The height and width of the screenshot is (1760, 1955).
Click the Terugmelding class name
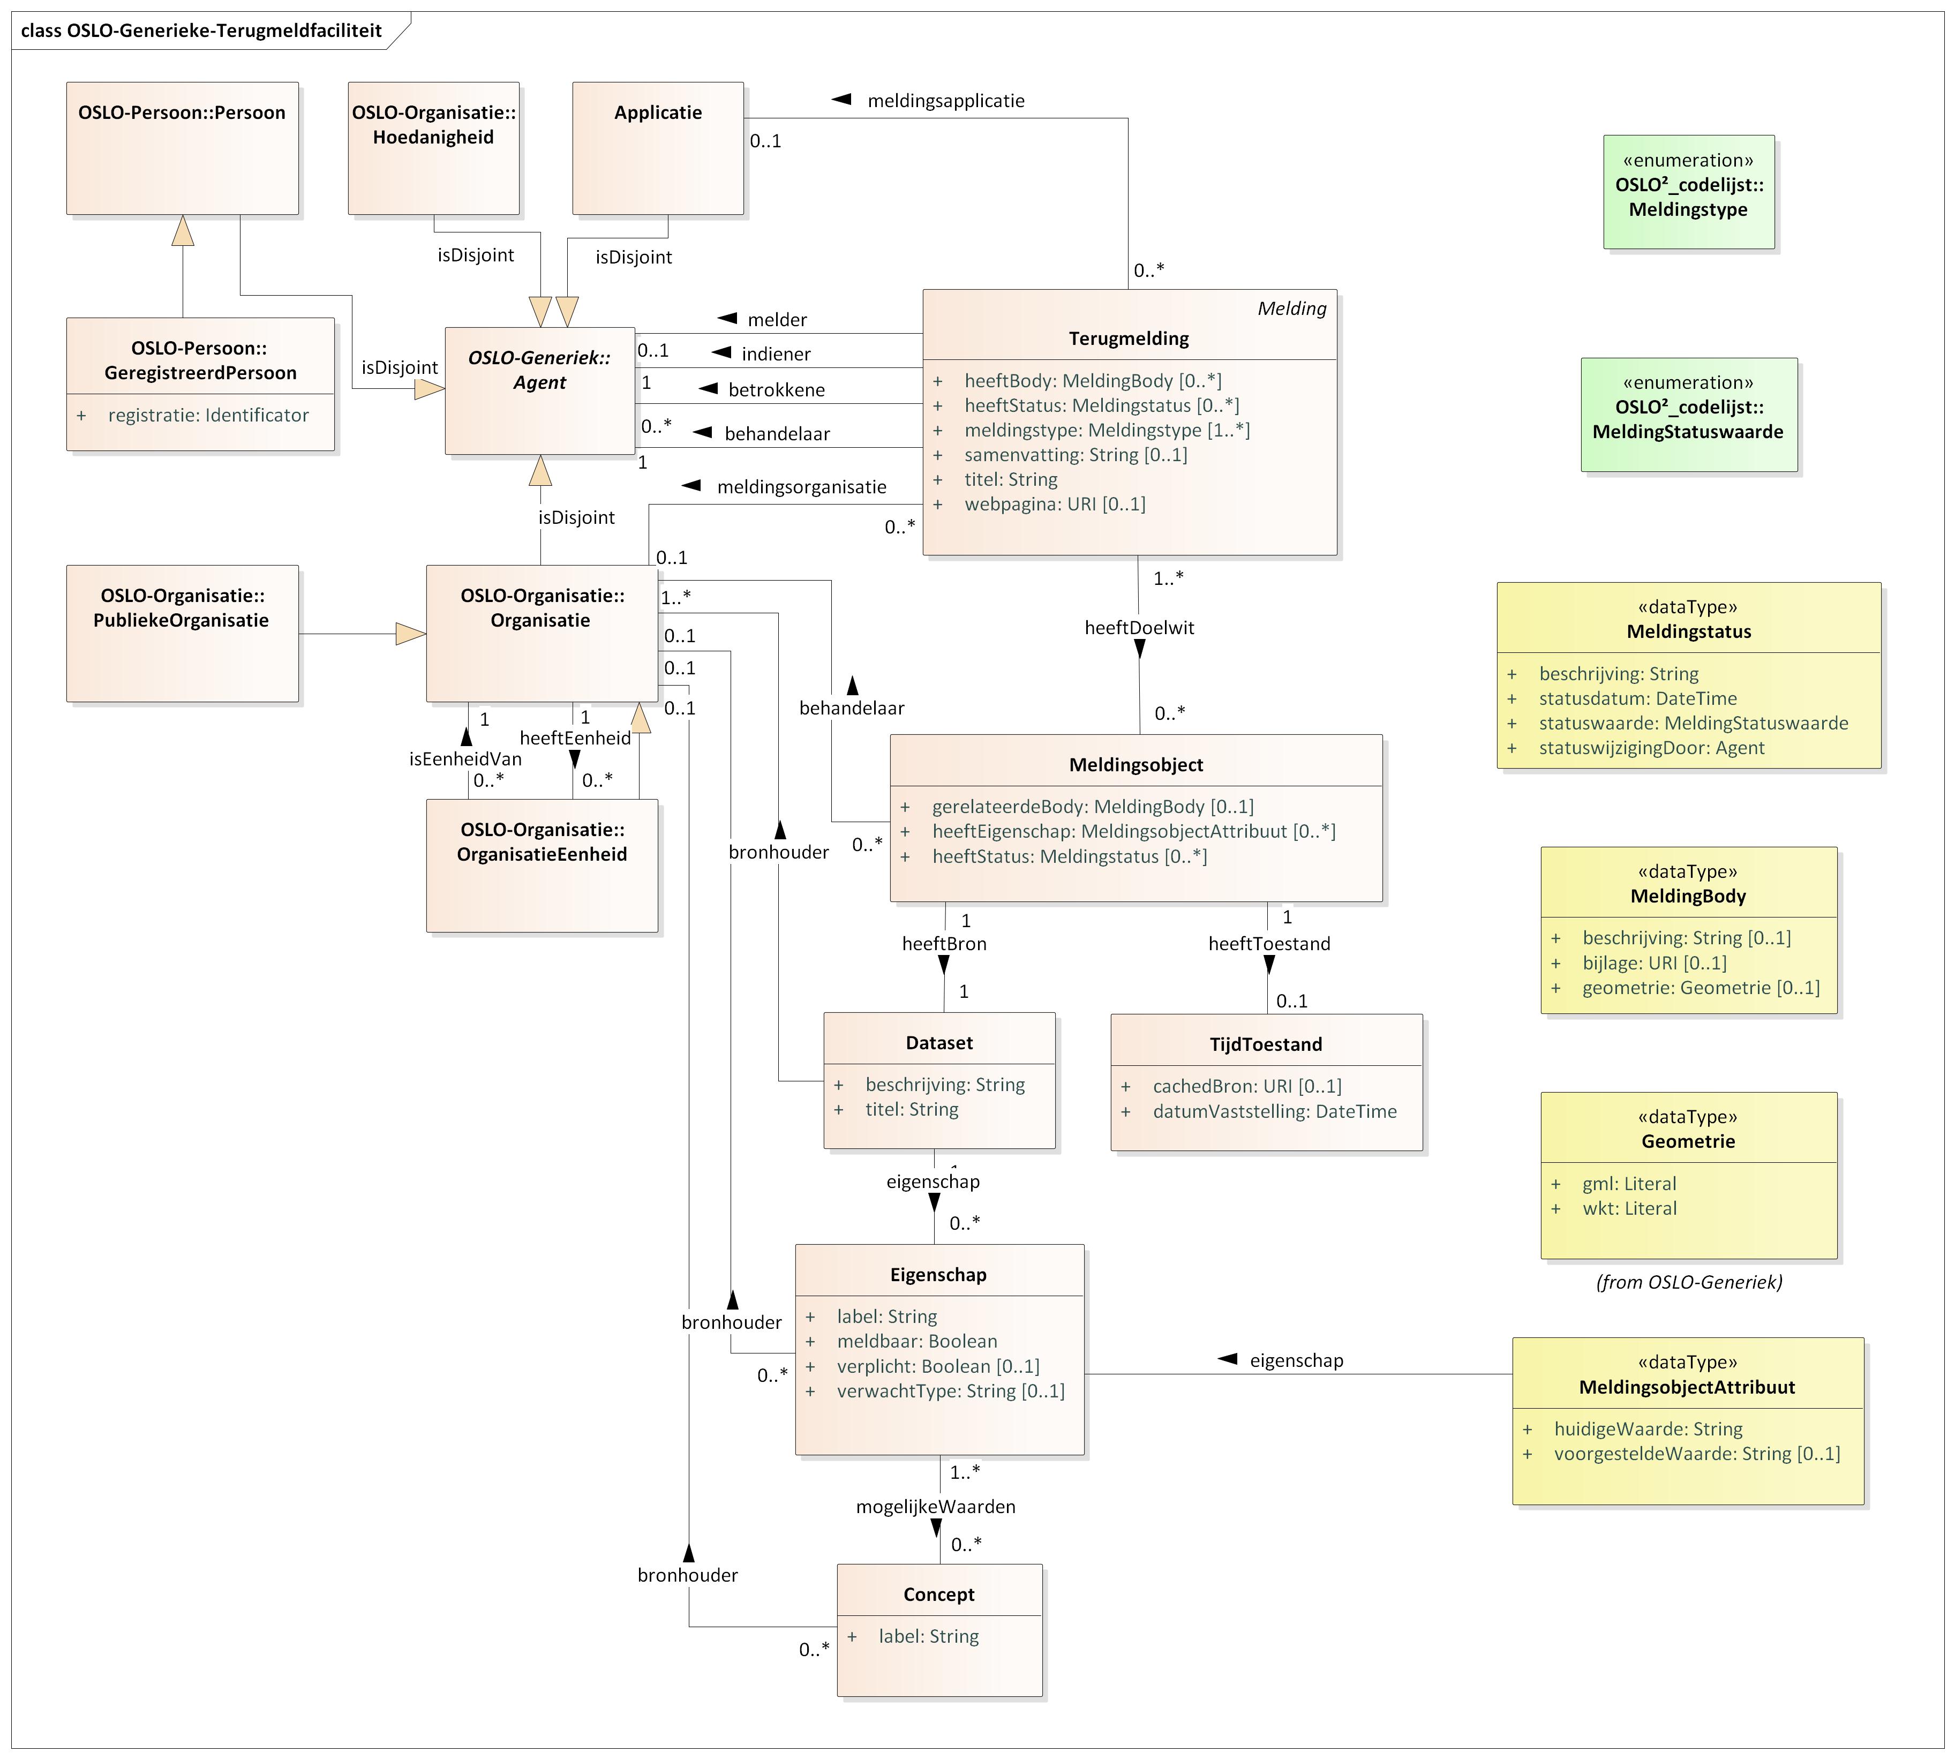tap(1129, 339)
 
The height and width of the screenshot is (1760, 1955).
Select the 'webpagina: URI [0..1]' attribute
tap(1054, 504)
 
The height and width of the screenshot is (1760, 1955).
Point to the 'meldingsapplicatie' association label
tap(945, 101)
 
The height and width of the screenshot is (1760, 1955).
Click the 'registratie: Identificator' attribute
tap(208, 415)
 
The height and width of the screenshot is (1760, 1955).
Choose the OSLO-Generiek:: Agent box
tap(539, 390)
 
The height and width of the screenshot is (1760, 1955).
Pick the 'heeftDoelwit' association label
tap(1139, 628)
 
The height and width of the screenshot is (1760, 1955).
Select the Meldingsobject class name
tap(1136, 765)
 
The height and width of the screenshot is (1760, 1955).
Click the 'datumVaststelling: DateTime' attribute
tap(1274, 1111)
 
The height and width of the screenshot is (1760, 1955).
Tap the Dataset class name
tap(939, 1042)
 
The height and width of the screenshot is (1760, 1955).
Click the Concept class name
tap(939, 1594)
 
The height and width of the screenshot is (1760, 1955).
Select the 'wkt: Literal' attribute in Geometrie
tap(1629, 1208)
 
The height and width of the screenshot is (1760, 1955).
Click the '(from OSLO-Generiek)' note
tap(1688, 1282)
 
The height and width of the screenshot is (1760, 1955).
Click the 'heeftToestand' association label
tap(1268, 944)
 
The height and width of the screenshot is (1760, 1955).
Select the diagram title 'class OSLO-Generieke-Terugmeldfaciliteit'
tap(201, 30)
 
